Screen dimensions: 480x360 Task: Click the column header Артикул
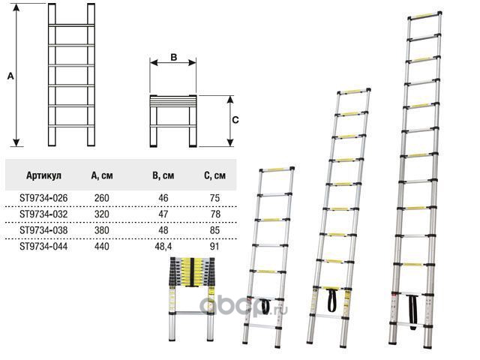(43, 175)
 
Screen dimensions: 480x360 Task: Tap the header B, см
(163, 175)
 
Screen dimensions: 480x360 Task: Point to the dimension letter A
(9, 76)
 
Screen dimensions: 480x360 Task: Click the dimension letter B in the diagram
(172, 57)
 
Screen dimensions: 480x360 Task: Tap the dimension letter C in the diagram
(235, 119)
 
